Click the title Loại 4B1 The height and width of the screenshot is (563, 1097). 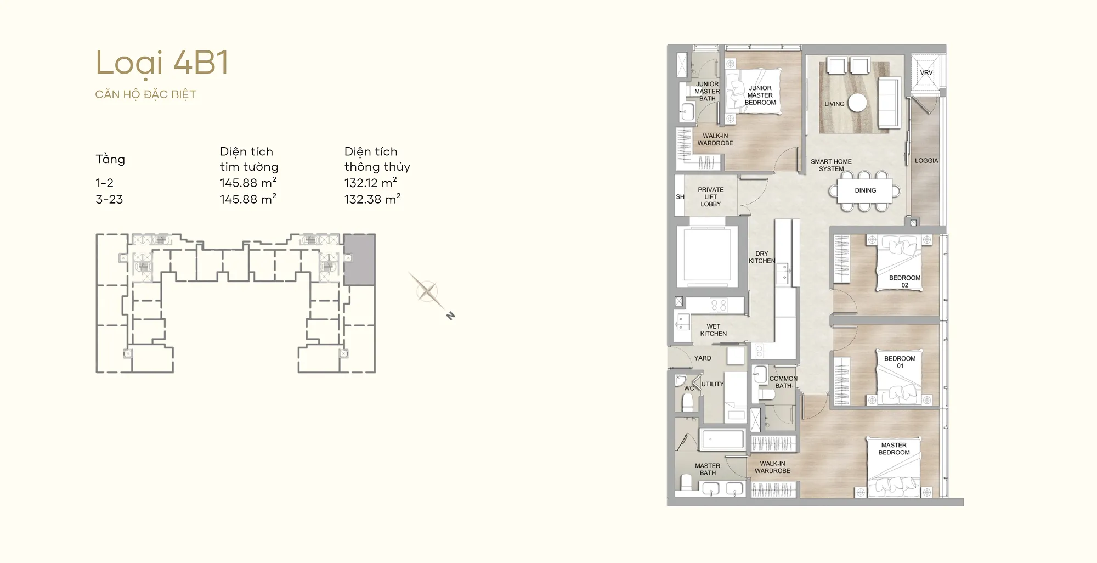162,63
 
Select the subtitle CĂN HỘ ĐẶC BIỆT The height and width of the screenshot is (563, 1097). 145,94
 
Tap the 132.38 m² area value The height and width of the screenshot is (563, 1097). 372,199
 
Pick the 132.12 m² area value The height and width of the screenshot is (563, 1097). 371,183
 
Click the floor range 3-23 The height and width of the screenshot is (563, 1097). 109,199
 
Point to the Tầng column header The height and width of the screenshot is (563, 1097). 110,159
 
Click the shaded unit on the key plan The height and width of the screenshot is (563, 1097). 359,260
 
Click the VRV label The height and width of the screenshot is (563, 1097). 926,72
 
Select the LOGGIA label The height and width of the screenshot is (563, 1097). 926,161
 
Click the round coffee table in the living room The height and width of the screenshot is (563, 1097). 857,103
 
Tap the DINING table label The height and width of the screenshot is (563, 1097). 866,190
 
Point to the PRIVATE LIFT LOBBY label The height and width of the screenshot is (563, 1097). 711,197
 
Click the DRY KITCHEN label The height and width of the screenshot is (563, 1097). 762,257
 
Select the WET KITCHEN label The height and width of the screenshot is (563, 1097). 713,330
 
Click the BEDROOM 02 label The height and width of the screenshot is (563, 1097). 905,281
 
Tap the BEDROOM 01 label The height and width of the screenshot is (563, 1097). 900,362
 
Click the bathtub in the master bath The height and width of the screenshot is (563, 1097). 722,440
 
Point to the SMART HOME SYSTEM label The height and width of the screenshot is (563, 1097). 832,165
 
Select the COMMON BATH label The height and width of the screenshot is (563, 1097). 783,382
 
